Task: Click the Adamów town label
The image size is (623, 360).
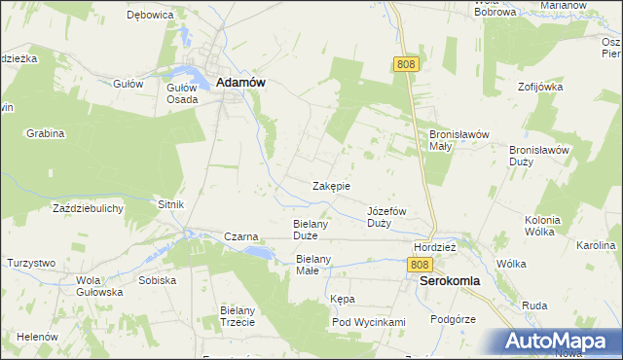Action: [240, 84]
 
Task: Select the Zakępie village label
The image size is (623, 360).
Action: [331, 185]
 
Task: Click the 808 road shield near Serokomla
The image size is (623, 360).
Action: [420, 265]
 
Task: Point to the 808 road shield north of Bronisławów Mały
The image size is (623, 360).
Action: [407, 64]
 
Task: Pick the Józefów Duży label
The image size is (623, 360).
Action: [386, 217]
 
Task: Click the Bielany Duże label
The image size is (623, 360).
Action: [313, 230]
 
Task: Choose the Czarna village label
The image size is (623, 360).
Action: [240, 236]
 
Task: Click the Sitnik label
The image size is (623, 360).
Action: [170, 205]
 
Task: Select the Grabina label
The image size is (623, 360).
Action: [45, 133]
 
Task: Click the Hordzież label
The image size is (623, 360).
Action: [435, 247]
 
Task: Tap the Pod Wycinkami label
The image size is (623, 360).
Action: [368, 322]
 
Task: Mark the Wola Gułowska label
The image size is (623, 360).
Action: [99, 286]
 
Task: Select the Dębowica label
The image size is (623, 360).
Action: [150, 17]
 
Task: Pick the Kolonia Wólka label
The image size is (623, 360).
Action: [539, 226]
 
